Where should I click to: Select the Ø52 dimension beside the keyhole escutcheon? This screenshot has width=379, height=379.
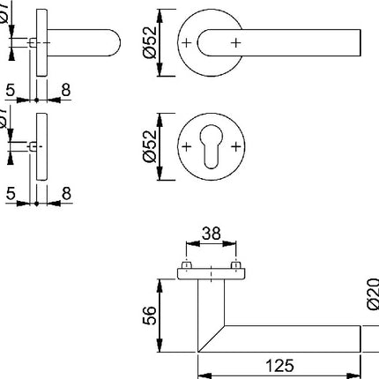point(152,143)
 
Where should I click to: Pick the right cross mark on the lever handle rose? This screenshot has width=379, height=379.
point(234,41)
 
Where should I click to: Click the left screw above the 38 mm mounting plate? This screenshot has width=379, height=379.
point(187,265)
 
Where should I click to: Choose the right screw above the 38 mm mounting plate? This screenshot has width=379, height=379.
point(234,265)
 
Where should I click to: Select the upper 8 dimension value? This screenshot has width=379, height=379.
point(67,89)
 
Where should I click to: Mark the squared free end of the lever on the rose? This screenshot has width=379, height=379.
point(358,41)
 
